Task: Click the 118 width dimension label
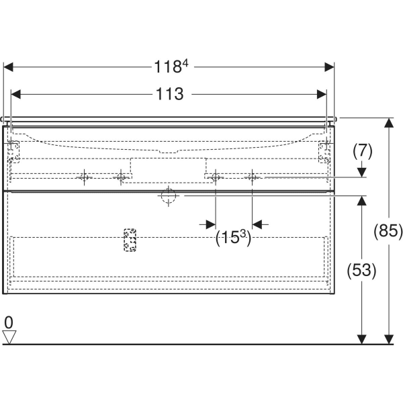click(x=171, y=66)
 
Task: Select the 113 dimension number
click(x=170, y=94)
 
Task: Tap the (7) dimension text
click(x=363, y=151)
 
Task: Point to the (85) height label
click(x=388, y=230)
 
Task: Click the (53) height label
click(x=361, y=271)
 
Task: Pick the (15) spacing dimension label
click(x=233, y=237)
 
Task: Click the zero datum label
click(x=9, y=322)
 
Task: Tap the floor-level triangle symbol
click(x=9, y=337)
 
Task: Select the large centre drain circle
click(x=169, y=196)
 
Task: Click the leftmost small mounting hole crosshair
click(x=85, y=177)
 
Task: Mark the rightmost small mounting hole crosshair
click(x=252, y=177)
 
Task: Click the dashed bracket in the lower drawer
click(x=130, y=240)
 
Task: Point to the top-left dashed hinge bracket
click(x=13, y=152)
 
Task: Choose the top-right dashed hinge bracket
click(x=324, y=152)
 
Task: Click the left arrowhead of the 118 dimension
click(x=8, y=67)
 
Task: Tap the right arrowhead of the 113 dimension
click(x=322, y=94)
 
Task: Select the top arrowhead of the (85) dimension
click(x=389, y=123)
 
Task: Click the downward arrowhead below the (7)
click(x=362, y=173)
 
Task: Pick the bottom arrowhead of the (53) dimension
click(x=362, y=339)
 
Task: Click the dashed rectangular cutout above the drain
click(x=168, y=170)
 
